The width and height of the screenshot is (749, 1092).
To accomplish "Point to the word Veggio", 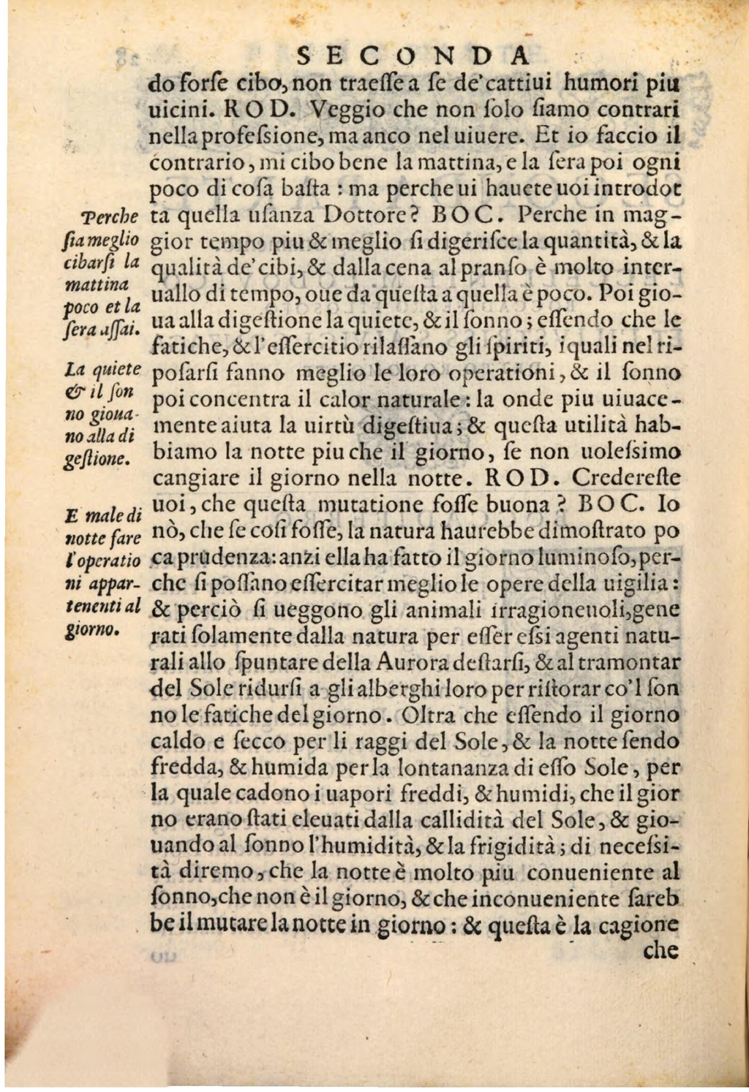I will [x=346, y=110].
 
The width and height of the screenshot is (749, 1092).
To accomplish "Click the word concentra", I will [x=236, y=401].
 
